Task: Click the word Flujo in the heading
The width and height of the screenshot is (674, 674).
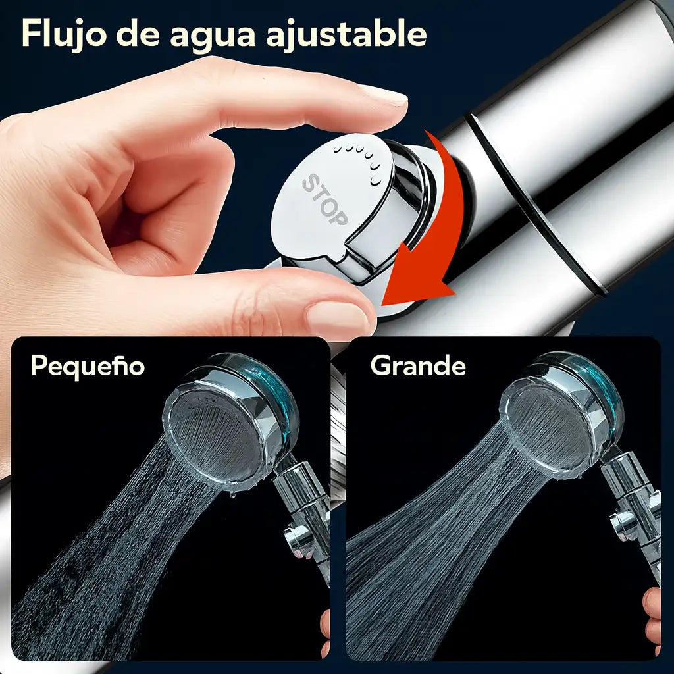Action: pyautogui.click(x=64, y=34)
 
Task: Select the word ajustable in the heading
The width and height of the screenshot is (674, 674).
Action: pyautogui.click(x=346, y=34)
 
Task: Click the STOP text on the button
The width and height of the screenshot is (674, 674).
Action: pyautogui.click(x=325, y=200)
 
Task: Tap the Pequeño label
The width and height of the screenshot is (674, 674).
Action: pyautogui.click(x=88, y=366)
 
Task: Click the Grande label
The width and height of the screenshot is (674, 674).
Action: pyautogui.click(x=418, y=366)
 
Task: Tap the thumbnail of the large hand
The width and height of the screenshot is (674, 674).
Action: pyautogui.click(x=338, y=319)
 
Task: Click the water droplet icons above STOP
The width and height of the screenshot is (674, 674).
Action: pyautogui.click(x=359, y=162)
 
